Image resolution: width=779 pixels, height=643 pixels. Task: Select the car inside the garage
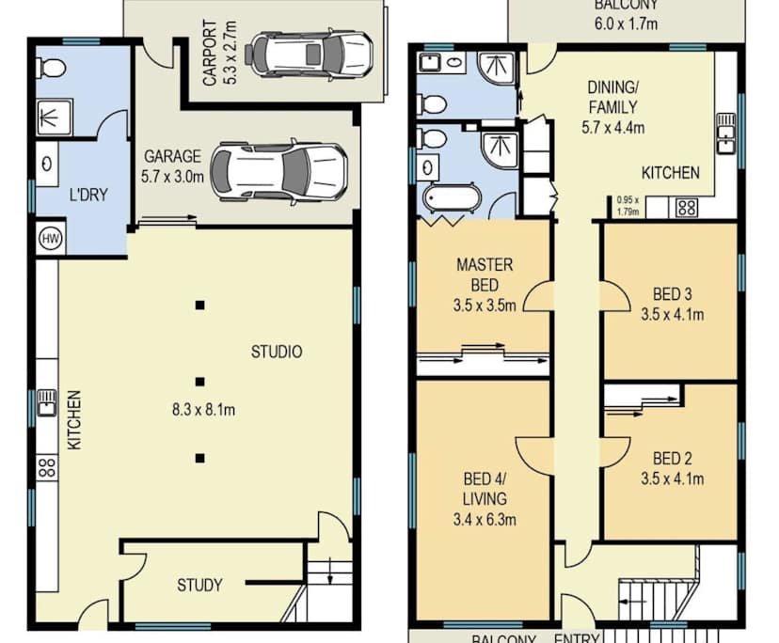coord(278,171)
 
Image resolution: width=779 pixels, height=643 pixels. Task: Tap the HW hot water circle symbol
coord(48,239)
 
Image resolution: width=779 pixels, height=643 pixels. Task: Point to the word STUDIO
coord(277,352)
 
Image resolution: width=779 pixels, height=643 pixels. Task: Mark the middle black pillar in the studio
coord(199,382)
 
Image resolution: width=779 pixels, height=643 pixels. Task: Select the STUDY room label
coord(199,585)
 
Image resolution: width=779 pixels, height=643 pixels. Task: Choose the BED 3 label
coord(673,291)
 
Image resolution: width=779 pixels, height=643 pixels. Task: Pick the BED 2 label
coord(673,459)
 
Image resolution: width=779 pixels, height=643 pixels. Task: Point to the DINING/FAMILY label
coord(612,96)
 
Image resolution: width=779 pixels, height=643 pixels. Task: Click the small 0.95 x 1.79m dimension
coord(628,205)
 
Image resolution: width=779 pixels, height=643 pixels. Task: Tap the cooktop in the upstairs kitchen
coord(685,207)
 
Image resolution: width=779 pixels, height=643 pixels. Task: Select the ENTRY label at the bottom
coord(576,638)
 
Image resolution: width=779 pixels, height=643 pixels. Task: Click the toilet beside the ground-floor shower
coord(52,68)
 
